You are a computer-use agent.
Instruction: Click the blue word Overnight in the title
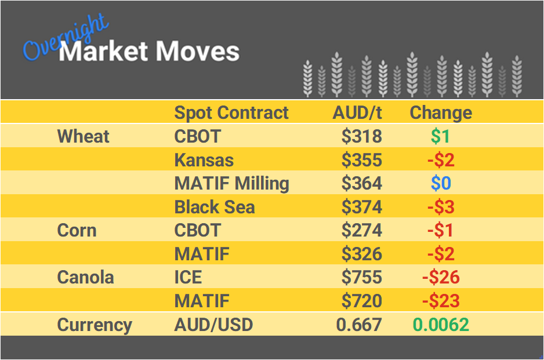tap(65, 38)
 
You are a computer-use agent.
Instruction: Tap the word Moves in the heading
tap(198, 52)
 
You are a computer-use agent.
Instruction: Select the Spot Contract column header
tap(231, 112)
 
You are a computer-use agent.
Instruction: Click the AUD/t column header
tap(357, 112)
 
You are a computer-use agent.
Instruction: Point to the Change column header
tap(441, 112)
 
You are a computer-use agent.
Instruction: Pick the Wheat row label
tap(84, 137)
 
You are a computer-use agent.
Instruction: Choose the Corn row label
tap(77, 231)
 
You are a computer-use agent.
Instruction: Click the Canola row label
tap(86, 278)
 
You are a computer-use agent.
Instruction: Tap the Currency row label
tap(95, 325)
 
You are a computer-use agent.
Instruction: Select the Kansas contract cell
tap(204, 160)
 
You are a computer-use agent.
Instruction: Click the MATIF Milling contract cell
tap(232, 184)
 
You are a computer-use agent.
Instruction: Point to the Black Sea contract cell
tap(215, 208)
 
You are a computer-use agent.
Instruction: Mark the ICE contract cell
tap(188, 278)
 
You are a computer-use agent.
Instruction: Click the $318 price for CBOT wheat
tap(361, 137)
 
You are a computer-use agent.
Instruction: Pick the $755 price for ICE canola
tap(361, 278)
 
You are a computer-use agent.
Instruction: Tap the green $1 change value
tap(441, 137)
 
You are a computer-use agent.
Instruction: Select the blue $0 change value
tap(441, 184)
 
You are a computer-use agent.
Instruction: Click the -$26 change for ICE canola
tap(441, 278)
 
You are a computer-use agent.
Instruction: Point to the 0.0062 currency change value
tap(441, 325)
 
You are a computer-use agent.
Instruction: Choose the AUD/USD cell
tap(213, 325)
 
